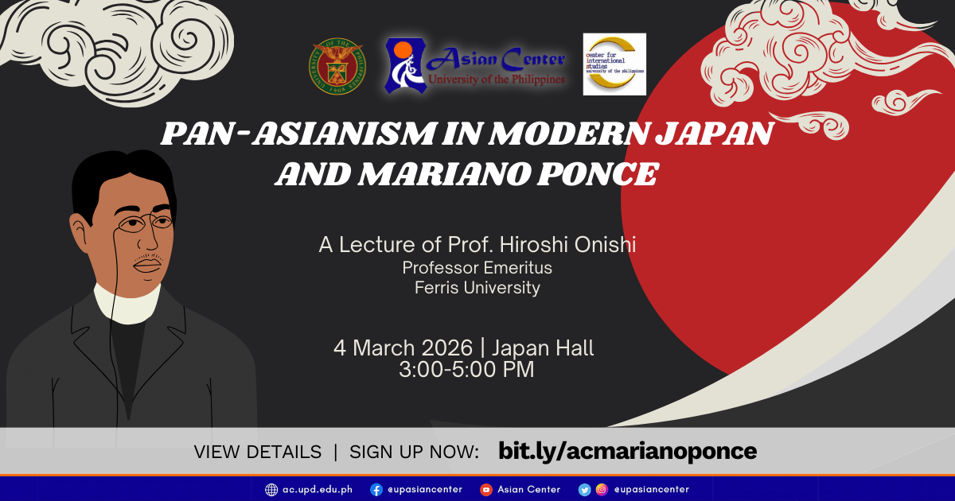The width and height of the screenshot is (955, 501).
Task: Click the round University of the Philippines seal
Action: click(339, 65)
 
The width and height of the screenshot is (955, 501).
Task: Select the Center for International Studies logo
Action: click(614, 64)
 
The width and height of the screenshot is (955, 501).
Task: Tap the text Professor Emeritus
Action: click(477, 268)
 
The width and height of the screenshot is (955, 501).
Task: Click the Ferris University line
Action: click(477, 288)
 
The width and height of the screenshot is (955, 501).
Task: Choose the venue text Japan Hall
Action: click(543, 348)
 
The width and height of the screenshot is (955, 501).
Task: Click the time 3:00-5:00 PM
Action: click(466, 369)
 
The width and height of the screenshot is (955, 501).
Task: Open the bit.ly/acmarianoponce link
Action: click(627, 452)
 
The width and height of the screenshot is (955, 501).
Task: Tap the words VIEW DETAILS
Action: click(258, 452)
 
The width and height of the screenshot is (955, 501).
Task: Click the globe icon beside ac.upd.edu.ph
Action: click(271, 490)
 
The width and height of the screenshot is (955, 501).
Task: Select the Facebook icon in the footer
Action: click(376, 490)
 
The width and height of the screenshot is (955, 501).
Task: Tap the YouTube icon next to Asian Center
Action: click(486, 490)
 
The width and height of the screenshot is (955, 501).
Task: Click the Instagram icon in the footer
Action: click(602, 490)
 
